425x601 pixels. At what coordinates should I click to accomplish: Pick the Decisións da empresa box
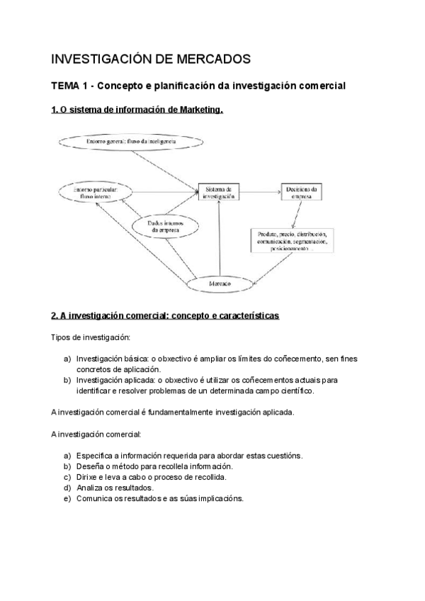(302, 192)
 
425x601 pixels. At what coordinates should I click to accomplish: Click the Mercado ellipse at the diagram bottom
(220, 283)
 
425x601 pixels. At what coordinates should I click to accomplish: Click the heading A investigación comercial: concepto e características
(165, 315)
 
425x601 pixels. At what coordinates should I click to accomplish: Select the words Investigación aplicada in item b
(110, 380)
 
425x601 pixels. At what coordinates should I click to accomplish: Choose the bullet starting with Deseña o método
(154, 466)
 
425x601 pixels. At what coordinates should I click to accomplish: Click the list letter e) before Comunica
(67, 498)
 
